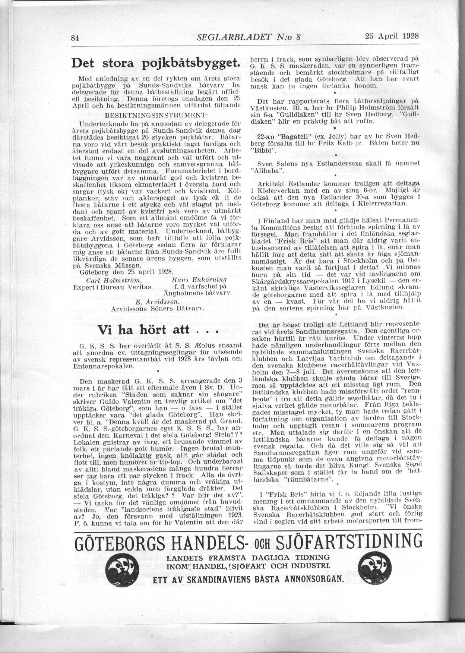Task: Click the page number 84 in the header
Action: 76,38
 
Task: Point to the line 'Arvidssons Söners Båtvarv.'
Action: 157,309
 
